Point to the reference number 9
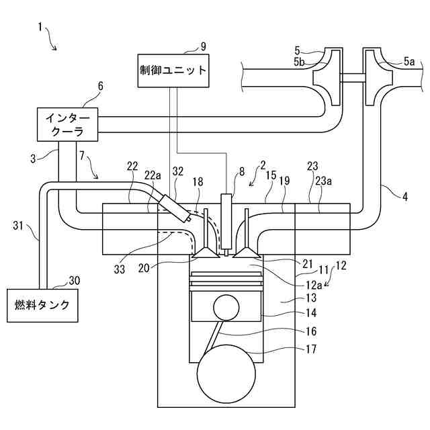coord(204,46)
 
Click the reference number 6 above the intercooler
coord(101,87)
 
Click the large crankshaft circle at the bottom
coord(226,375)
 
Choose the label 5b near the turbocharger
coord(299,62)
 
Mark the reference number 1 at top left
coord(40,28)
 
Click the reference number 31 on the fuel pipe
coord(19,226)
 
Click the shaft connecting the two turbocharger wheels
coord(353,78)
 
